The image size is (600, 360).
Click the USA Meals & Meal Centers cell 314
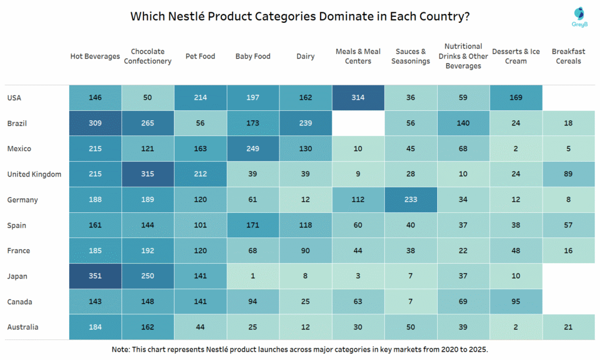(358, 98)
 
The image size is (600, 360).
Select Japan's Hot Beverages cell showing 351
(95, 276)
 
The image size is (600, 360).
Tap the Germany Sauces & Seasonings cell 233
(410, 200)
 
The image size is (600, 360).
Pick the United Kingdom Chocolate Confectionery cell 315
(148, 174)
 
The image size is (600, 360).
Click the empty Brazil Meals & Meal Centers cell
(358, 124)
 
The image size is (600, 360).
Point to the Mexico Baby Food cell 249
(253, 149)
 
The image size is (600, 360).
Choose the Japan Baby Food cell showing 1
(253, 276)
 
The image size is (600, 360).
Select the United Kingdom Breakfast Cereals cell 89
(568, 174)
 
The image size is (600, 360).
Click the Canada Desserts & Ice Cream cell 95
(516, 302)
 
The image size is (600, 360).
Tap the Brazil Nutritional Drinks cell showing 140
(463, 124)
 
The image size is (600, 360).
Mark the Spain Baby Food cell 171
(253, 225)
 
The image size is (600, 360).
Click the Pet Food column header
(200, 56)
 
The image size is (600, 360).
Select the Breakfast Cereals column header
(568, 56)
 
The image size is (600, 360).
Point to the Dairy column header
(305, 56)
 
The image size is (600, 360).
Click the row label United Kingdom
(34, 174)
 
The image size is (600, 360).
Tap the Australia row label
(23, 327)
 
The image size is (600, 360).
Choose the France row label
(18, 251)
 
